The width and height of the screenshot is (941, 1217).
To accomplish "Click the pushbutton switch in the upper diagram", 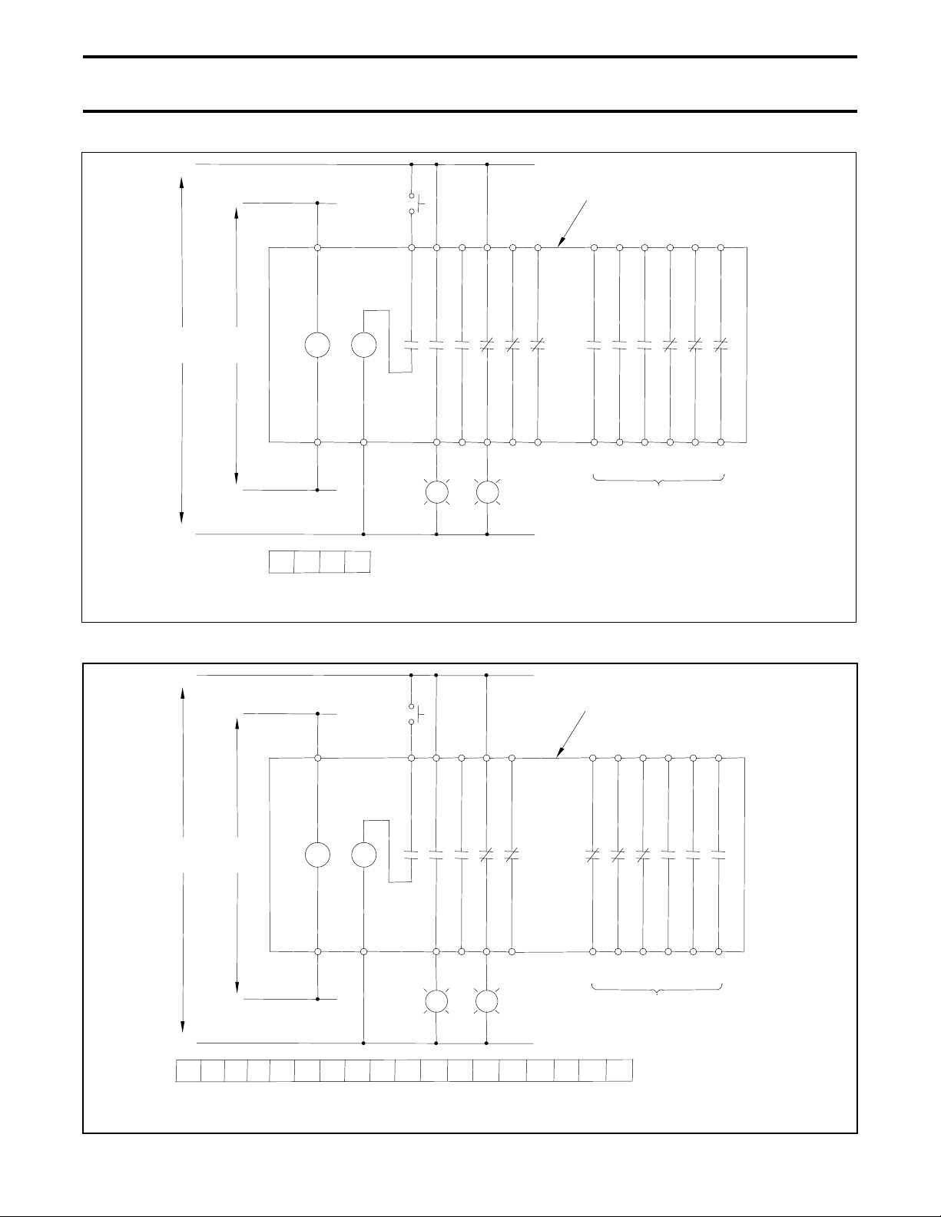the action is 413,203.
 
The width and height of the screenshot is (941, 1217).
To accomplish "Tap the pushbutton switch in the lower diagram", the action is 413,714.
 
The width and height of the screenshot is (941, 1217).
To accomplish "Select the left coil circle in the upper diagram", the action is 317,345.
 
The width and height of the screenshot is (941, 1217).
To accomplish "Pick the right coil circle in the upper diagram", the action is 363,345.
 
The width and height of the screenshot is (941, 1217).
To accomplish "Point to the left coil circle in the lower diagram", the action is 317,855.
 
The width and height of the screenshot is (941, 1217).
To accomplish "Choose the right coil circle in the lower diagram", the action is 363,855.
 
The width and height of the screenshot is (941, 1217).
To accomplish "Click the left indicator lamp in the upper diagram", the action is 436,491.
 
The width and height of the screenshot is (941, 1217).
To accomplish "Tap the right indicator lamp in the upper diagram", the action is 487,491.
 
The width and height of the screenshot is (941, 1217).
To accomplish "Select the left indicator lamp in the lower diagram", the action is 436,1001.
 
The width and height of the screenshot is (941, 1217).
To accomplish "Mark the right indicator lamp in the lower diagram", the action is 487,1001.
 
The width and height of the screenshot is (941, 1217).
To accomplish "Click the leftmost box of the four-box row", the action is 281,562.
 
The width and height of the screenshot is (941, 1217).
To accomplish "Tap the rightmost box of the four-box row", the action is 357,562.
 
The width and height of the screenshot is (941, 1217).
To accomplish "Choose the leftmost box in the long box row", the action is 188,1070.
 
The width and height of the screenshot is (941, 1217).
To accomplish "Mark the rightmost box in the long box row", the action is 619,1070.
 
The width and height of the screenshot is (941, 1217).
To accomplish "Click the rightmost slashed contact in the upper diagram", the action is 720,345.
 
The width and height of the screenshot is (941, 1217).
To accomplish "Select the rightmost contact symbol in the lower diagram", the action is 718,855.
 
